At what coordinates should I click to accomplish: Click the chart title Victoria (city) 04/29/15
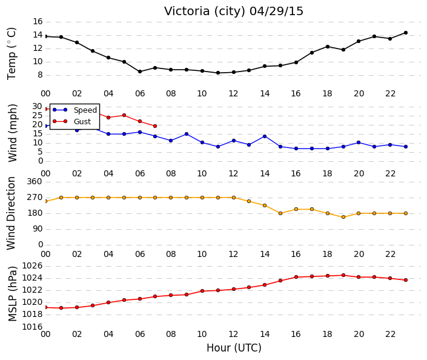coord(233,12)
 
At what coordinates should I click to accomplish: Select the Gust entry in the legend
coord(71,121)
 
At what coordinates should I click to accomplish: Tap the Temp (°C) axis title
coord(12,54)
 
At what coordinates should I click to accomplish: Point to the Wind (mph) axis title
coord(12,133)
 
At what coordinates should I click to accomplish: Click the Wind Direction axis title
coord(11,213)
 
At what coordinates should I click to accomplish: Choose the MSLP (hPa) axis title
coord(12,294)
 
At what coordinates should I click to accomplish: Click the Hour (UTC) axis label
coord(234,348)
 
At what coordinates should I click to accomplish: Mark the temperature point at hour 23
coord(406,33)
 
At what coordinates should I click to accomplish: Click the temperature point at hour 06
coord(140,72)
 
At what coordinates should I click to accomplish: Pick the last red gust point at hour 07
coord(155,126)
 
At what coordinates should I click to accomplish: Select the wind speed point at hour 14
coord(265,136)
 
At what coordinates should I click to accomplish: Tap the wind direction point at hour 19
coord(343,217)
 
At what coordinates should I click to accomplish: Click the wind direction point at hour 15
coord(280,213)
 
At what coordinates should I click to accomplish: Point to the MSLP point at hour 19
coord(343,275)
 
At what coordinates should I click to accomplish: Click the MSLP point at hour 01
coord(61,308)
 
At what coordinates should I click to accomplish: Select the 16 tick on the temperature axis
coord(38,22)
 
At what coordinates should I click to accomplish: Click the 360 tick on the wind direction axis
coord(35,182)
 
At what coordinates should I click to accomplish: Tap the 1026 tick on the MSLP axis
coord(33,265)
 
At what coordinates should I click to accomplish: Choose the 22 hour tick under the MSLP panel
coord(390,334)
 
